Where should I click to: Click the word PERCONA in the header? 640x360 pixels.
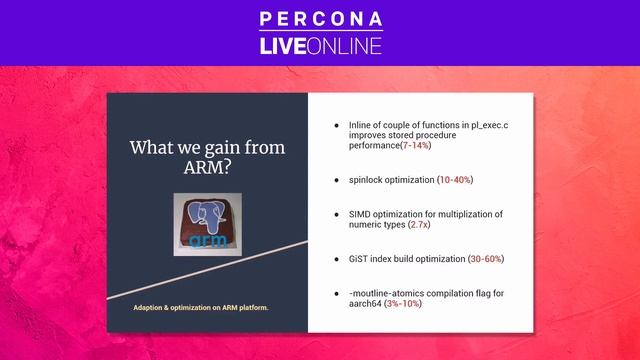pyautogui.click(x=320, y=18)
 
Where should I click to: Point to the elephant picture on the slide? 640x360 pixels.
pyautogui.click(x=207, y=224)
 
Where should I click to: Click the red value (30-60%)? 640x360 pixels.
pyautogui.click(x=486, y=259)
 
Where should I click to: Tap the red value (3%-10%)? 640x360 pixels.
pyautogui.click(x=402, y=303)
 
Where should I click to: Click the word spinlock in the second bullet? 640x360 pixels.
pyautogui.click(x=366, y=180)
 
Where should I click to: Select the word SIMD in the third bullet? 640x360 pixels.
pyautogui.click(x=360, y=214)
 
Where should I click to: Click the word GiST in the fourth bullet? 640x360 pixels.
pyautogui.click(x=359, y=259)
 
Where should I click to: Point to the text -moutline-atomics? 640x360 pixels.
pyautogui.click(x=387, y=291)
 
